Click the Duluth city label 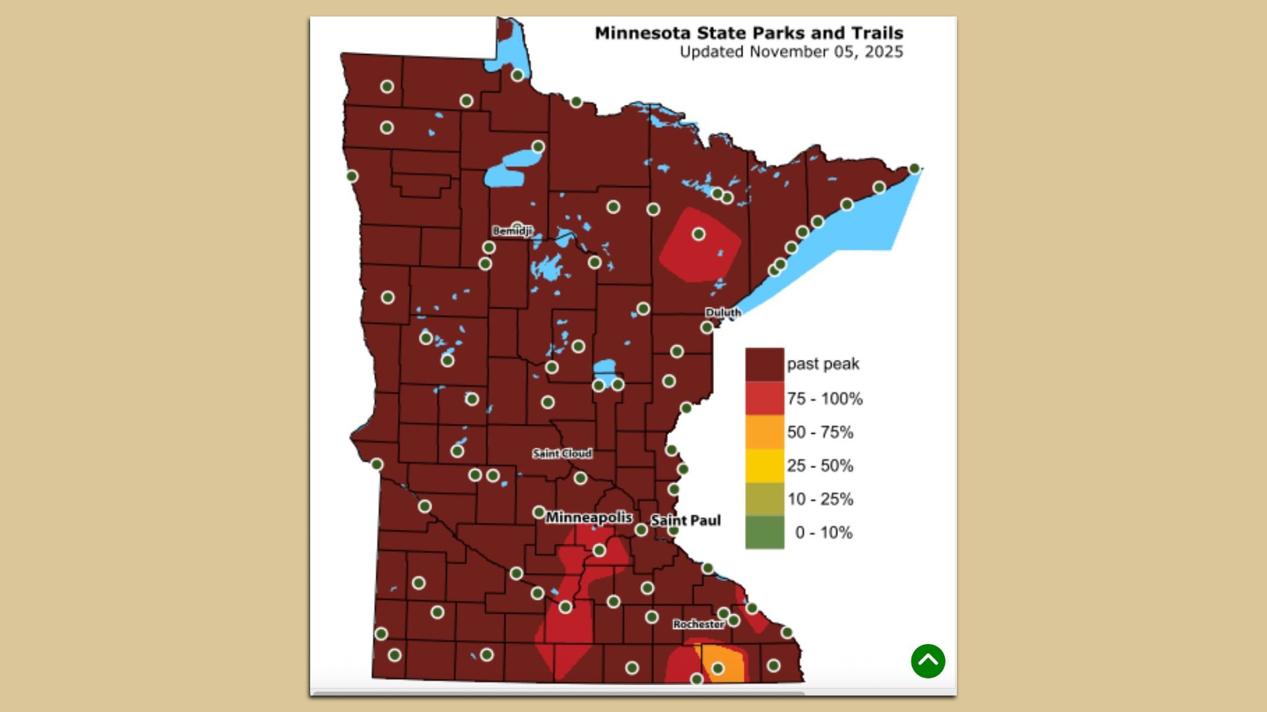click(x=723, y=312)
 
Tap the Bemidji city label click(x=512, y=231)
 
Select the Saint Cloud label click(x=562, y=454)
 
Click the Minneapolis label click(x=589, y=518)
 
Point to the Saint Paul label click(x=686, y=521)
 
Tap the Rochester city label click(x=698, y=624)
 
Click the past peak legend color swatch click(x=765, y=365)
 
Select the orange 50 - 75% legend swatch click(x=765, y=432)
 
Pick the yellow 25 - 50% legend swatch click(x=765, y=465)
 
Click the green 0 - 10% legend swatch click(x=765, y=532)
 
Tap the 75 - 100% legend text click(x=824, y=399)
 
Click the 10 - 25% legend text click(x=820, y=499)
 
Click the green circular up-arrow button click(x=928, y=661)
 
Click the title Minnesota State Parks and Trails click(x=749, y=33)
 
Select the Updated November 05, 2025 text click(x=791, y=52)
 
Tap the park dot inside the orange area click(x=718, y=668)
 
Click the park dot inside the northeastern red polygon click(x=699, y=234)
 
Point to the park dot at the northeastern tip click(x=914, y=169)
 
